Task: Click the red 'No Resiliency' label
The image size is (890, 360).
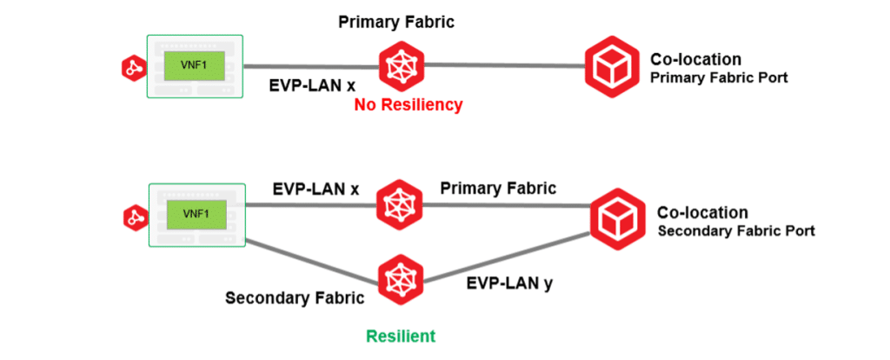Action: click(x=408, y=105)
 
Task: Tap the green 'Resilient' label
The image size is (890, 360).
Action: click(x=400, y=336)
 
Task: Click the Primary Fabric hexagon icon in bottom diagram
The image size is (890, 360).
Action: click(x=400, y=203)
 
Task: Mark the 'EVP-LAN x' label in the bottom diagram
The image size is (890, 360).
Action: click(x=315, y=186)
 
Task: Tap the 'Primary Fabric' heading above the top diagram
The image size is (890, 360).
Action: click(x=396, y=20)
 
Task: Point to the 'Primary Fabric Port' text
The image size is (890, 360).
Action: click(x=719, y=77)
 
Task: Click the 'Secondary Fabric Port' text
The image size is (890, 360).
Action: click(x=735, y=230)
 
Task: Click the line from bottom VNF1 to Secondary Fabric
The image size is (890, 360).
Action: click(x=313, y=262)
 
